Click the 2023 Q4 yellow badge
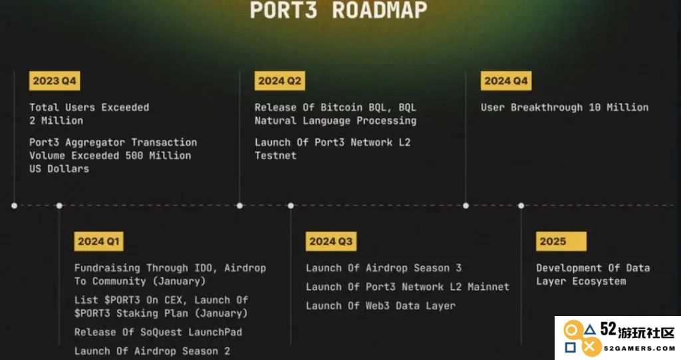55,81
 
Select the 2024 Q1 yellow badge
98,242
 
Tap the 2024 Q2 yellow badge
280,81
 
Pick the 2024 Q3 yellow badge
331,242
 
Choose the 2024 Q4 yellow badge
506,81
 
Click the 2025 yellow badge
561,242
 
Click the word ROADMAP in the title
380,10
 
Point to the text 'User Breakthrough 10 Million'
565,107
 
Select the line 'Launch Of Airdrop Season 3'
384,268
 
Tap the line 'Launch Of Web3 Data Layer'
380,305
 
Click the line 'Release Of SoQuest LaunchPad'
158,332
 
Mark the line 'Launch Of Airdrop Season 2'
152,351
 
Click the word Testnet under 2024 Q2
275,156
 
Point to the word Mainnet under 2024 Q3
488,287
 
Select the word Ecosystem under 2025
599,281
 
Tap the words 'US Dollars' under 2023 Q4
59,169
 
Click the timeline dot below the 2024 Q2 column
239,206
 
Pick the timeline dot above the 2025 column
521,206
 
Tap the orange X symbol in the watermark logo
589,347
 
